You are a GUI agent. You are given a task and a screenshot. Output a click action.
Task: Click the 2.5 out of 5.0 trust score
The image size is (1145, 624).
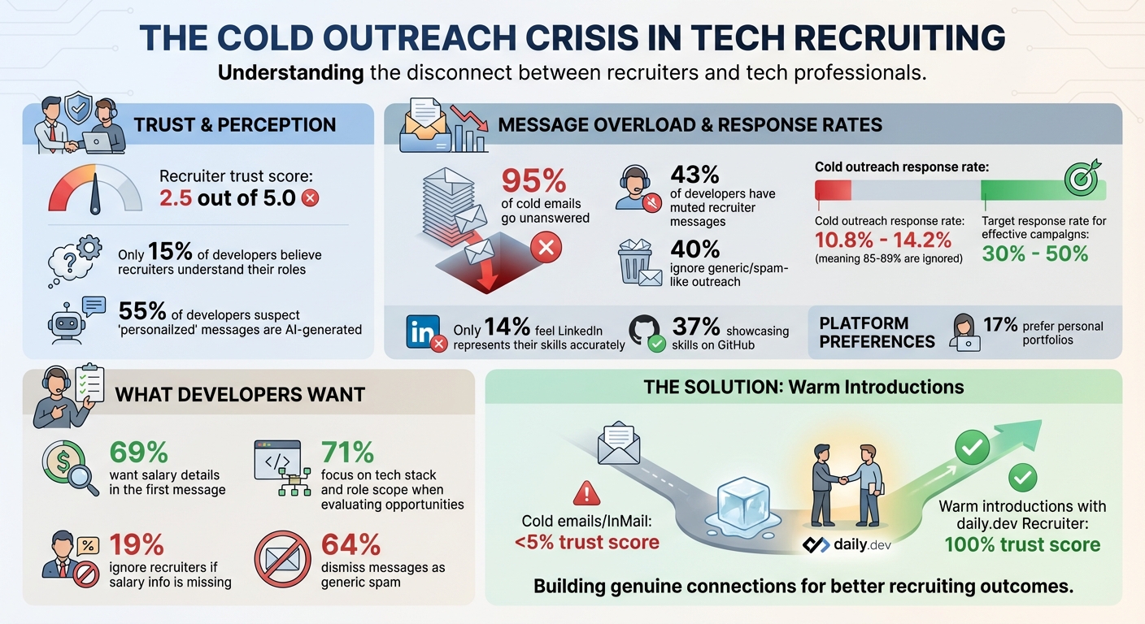click(227, 197)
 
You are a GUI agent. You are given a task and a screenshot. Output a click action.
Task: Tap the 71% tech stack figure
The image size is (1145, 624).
click(347, 453)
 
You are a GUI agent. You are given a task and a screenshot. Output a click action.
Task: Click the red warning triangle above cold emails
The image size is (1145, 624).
click(586, 493)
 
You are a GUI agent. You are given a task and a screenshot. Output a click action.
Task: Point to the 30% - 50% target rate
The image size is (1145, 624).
click(1034, 253)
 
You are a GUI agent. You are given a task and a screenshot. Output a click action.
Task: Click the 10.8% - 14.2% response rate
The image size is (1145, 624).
click(883, 240)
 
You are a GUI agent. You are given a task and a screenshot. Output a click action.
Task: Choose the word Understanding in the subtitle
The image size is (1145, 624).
click(290, 72)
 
